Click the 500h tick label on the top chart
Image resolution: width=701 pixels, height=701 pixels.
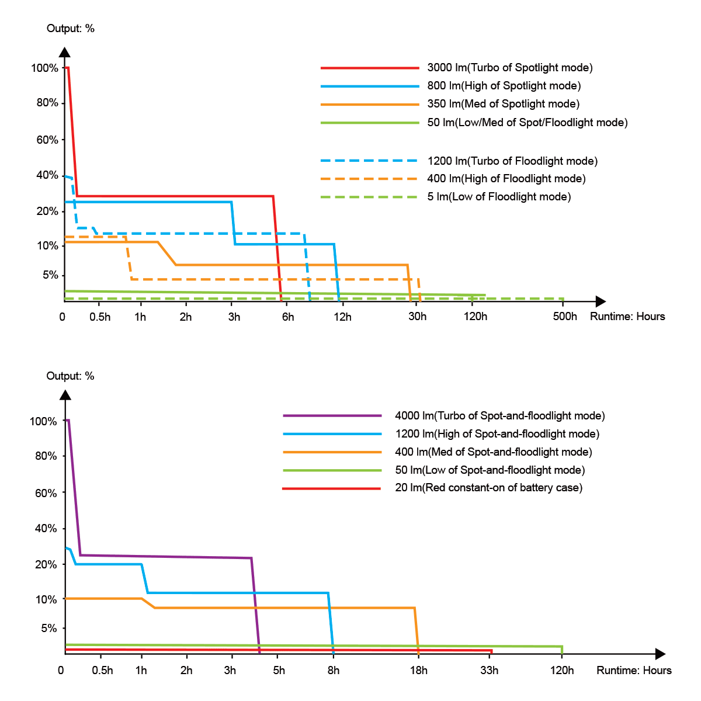[565, 317]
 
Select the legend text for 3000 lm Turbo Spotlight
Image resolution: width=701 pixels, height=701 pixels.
[509, 68]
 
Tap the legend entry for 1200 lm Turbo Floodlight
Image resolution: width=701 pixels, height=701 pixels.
[512, 161]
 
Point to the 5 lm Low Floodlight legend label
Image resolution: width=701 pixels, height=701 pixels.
[499, 197]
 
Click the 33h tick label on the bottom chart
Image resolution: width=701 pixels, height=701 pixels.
[490, 670]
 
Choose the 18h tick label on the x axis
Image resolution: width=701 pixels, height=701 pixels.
[418, 670]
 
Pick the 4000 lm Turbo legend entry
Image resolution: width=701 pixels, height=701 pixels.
[499, 416]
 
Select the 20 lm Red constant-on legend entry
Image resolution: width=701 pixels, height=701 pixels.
[488, 488]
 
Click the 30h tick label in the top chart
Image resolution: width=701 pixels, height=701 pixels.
[417, 317]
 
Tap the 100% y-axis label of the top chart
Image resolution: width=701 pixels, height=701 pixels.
[45, 68]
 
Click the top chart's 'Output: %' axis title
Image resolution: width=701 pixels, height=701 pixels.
[71, 29]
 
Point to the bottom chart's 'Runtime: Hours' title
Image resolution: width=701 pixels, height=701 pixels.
[634, 671]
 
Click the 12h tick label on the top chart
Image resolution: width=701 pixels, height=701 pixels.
[343, 317]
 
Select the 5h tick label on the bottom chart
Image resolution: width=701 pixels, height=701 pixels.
[279, 670]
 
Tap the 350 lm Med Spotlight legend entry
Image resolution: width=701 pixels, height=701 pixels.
[503, 104]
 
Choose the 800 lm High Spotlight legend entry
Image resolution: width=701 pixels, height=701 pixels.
[504, 86]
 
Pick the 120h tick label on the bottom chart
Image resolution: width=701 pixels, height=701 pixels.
[562, 670]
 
